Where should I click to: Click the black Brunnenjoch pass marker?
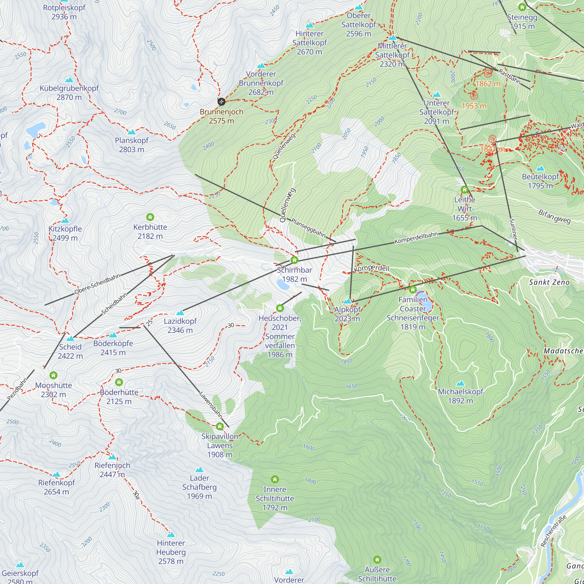[x=221, y=102]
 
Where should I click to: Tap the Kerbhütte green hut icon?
[x=150, y=217]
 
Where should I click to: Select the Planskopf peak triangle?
[x=131, y=132]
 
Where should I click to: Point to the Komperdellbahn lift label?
[x=416, y=238]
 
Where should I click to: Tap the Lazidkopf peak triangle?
[x=180, y=312]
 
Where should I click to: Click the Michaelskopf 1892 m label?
[x=460, y=396]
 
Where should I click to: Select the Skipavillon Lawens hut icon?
[x=220, y=426]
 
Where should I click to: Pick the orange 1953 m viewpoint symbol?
[x=474, y=96]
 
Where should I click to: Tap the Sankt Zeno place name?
[x=549, y=282]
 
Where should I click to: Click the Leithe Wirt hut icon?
[x=465, y=190]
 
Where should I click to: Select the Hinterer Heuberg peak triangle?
[x=171, y=535]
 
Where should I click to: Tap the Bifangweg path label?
[x=555, y=217]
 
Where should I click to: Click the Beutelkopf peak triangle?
[x=540, y=168]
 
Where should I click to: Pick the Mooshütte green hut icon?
[x=53, y=375]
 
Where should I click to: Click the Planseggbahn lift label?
[x=308, y=228]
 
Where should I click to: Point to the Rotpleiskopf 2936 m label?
[x=64, y=12]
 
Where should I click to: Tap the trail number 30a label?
[x=136, y=495]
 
